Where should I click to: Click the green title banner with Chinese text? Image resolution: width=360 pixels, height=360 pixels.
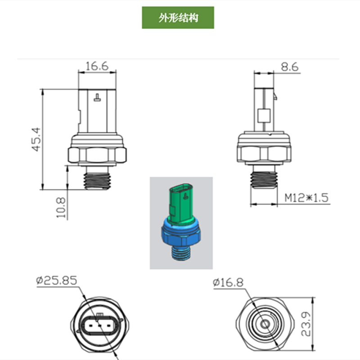178,18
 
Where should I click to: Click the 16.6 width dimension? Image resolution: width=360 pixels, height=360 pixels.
97,66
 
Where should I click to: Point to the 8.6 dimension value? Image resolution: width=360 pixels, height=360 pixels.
289,67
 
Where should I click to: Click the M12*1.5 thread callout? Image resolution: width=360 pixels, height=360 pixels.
308,198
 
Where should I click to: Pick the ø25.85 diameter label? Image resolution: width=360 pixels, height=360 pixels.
57,281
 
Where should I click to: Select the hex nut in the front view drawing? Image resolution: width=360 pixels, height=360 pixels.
97,153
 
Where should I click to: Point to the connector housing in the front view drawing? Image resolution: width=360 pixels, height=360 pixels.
97,110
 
